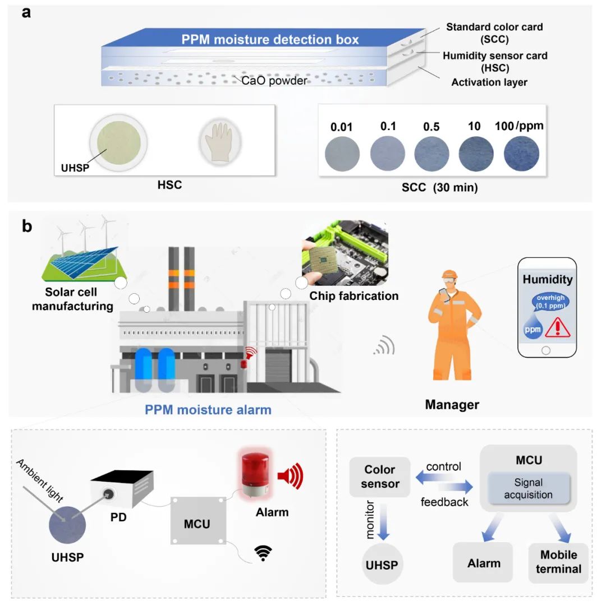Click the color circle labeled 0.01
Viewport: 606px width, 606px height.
click(x=342, y=154)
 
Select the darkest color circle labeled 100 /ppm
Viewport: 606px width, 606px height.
click(x=521, y=154)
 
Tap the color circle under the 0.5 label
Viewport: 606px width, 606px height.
click(x=431, y=154)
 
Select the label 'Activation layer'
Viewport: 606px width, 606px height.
click(x=489, y=82)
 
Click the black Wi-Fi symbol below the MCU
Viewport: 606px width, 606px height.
click(x=261, y=554)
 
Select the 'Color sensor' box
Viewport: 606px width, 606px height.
click(x=380, y=477)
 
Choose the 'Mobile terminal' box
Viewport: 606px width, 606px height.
click(x=558, y=562)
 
